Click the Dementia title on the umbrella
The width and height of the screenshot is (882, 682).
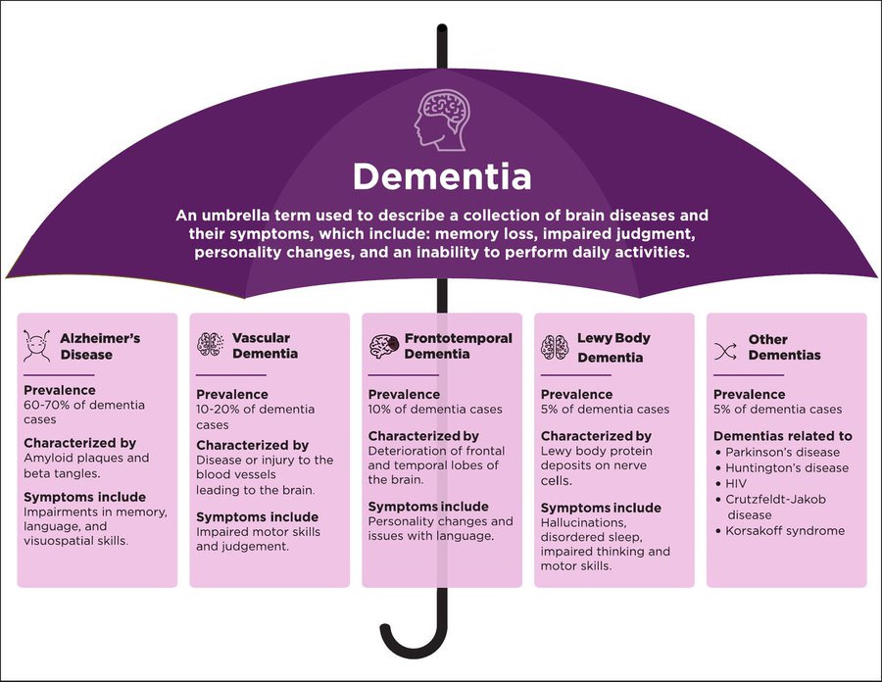point(441,176)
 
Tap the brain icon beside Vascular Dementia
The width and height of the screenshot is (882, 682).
point(211,344)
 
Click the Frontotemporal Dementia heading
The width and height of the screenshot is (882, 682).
point(458,345)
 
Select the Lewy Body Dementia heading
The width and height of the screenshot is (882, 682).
point(613,348)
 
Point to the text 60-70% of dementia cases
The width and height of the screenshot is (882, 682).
point(84,412)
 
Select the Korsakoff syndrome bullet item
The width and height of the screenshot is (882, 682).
point(786,530)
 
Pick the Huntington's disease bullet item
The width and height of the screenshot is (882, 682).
point(786,467)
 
